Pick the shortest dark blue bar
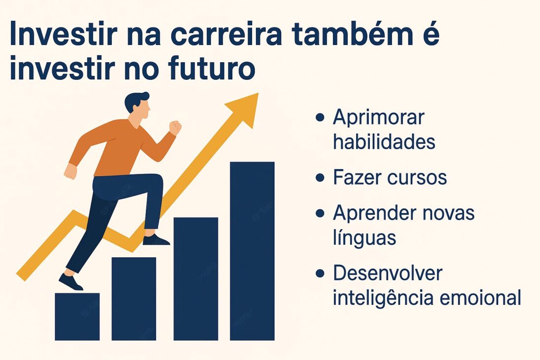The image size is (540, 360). click(x=77, y=316)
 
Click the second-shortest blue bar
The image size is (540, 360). click(x=134, y=298)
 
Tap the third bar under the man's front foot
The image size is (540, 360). click(x=195, y=279)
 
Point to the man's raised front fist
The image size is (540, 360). click(x=175, y=127)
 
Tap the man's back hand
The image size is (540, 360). click(x=71, y=171)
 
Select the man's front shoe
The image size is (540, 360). click(x=156, y=240)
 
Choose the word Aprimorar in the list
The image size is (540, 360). click(x=378, y=118)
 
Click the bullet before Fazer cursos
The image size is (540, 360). click(x=320, y=178)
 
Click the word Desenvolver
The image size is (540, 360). click(x=388, y=273)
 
